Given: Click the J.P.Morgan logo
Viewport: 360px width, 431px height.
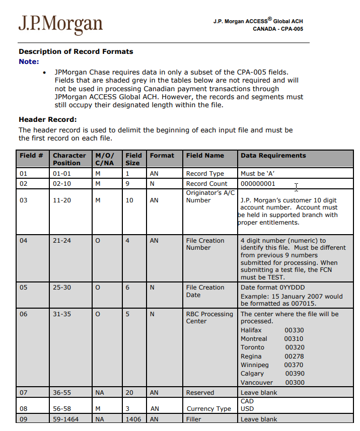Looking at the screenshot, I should coord(60,24).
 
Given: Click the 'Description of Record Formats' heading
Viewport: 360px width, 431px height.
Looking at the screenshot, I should coord(76,51).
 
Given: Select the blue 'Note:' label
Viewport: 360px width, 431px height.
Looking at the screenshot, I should coord(29,61).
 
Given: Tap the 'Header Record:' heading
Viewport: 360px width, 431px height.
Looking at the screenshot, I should coord(47,119).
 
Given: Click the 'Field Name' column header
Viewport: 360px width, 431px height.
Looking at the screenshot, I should coord(205,156).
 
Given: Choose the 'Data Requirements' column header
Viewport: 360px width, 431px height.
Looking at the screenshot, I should coord(273,156).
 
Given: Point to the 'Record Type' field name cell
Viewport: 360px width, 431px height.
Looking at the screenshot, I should coord(205,174).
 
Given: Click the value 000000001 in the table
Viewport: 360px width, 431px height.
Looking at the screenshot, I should coord(258,184).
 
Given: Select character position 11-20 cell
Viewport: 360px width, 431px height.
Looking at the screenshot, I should coord(62,200).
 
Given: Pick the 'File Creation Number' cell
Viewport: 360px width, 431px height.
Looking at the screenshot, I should coord(205,244).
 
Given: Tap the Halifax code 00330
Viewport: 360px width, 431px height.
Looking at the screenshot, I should coord(294,330).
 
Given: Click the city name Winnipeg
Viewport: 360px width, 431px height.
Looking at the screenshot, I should coord(255,365).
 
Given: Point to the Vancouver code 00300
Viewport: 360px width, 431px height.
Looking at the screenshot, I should coord(294,382).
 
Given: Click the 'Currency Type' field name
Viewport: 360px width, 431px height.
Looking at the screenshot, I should coord(208,409).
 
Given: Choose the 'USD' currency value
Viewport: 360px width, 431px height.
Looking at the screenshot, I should coord(247,409).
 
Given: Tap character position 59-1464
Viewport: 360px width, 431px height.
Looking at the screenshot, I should coord(65,419).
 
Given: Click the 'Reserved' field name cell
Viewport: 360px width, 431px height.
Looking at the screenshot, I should coord(200,393).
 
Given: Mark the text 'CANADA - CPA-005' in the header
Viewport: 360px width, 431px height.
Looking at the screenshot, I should coord(278,29).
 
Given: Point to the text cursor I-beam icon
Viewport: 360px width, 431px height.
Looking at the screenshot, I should coord(297,187).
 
